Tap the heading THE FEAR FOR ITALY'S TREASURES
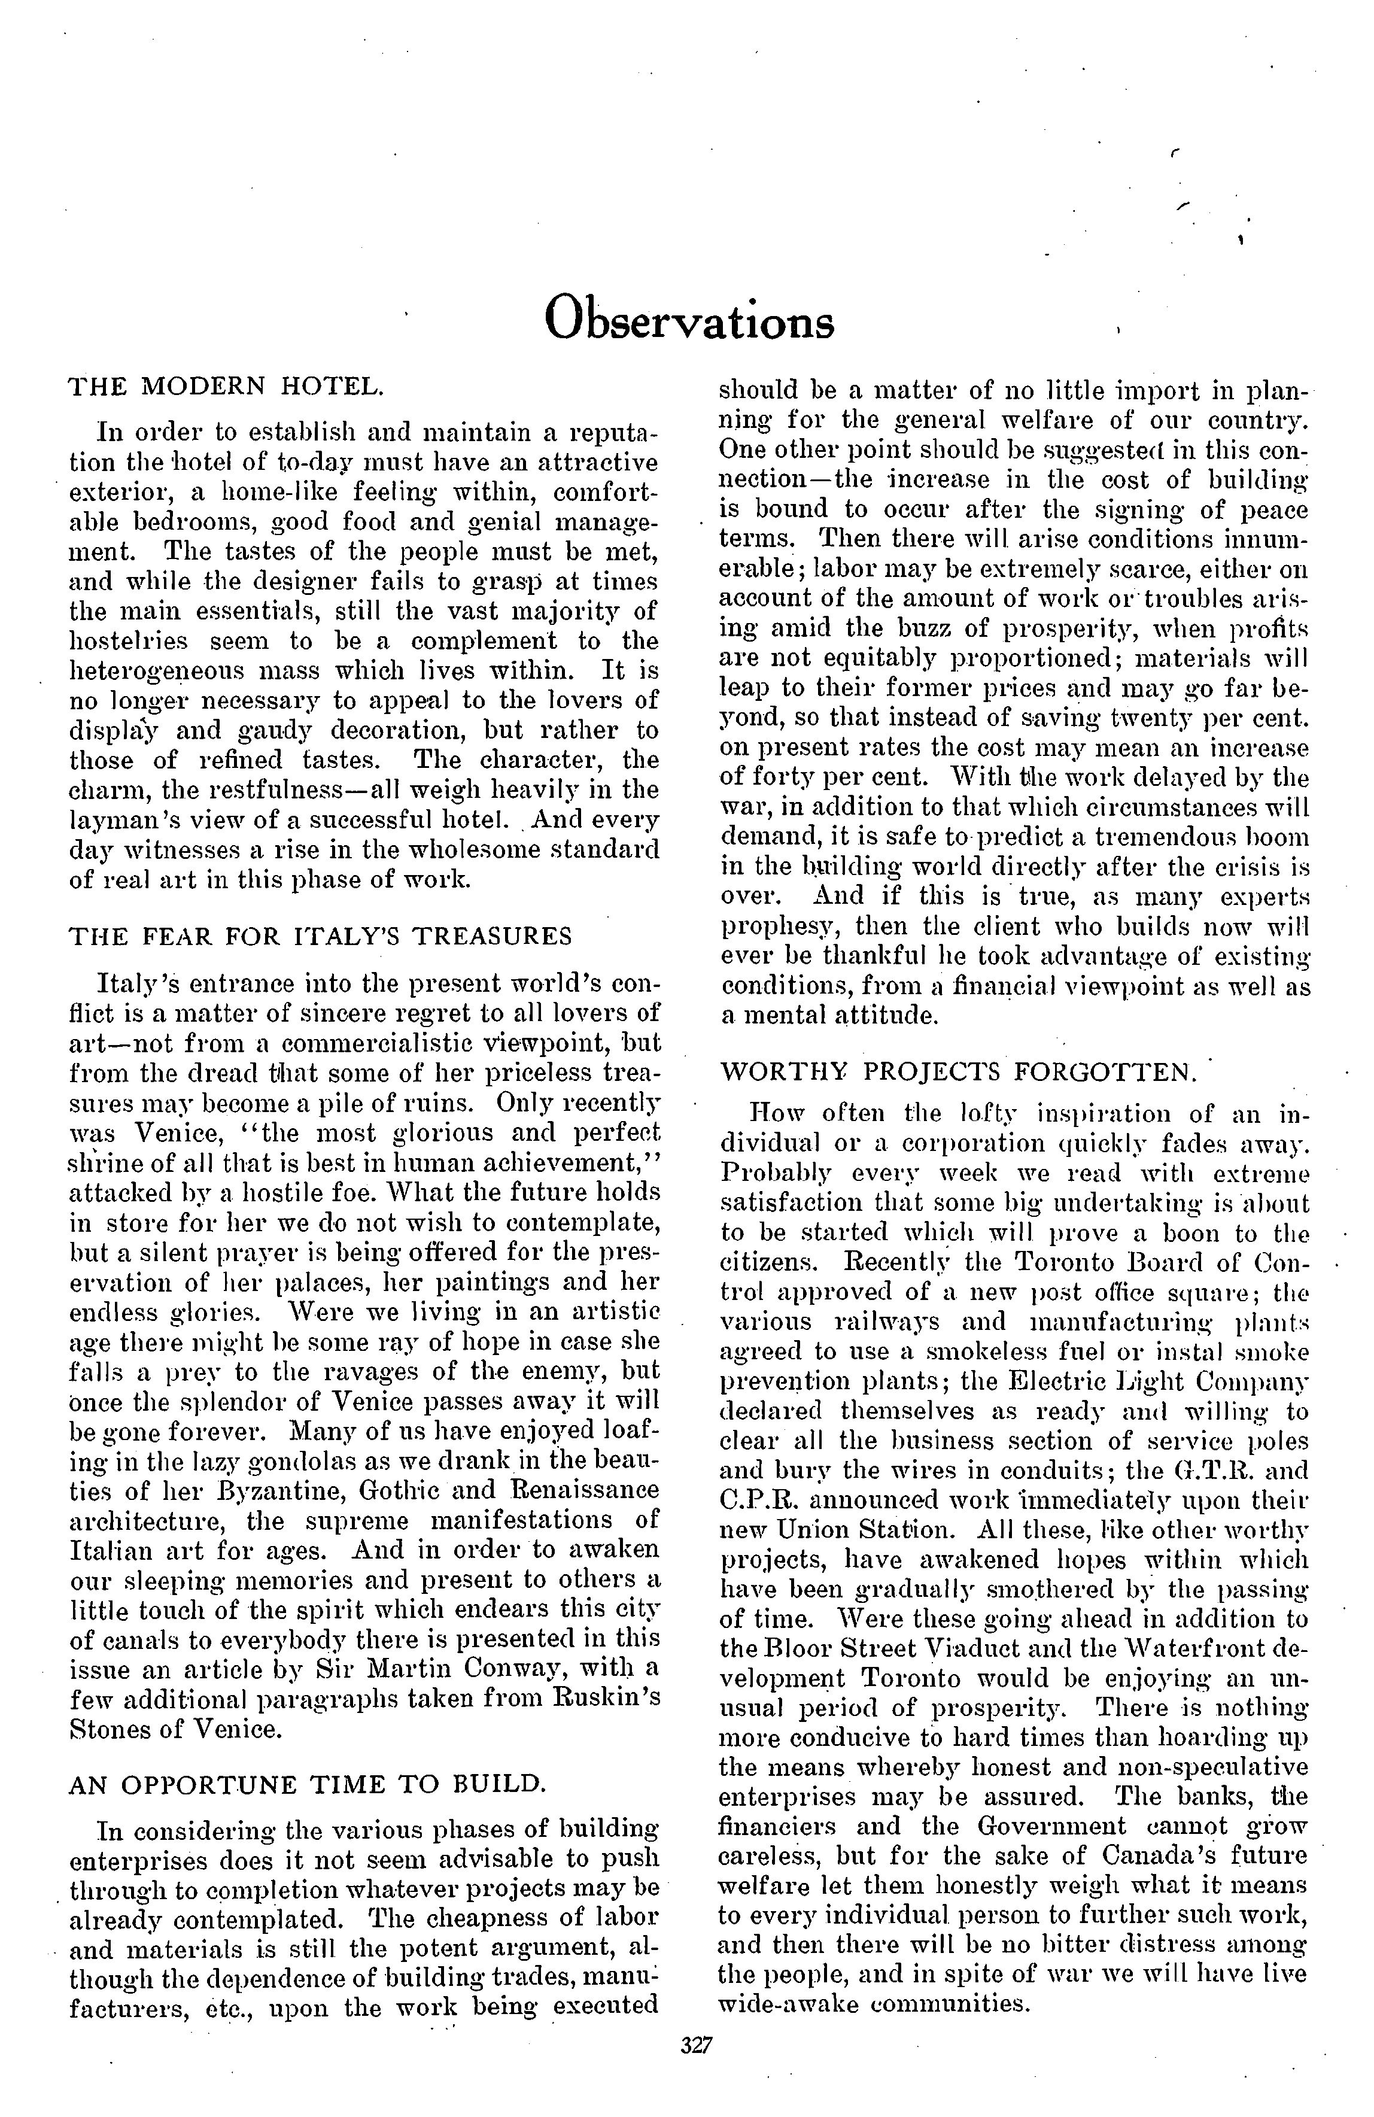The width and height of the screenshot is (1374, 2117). pos(320,937)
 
